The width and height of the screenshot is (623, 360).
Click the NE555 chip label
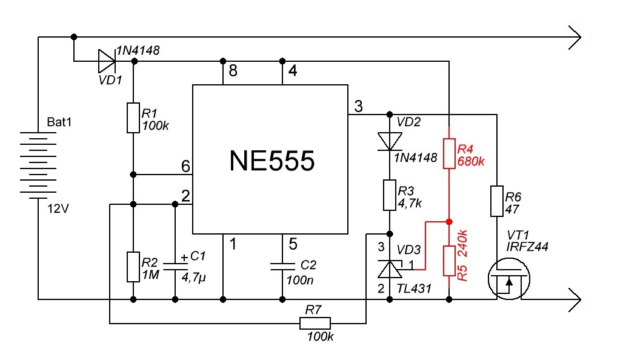tap(272, 161)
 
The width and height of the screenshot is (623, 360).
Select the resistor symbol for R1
tap(133, 118)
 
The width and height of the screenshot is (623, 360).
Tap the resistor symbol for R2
tap(133, 267)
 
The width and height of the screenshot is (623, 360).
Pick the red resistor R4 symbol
tap(449, 153)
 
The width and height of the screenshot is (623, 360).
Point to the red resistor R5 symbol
tap(449, 261)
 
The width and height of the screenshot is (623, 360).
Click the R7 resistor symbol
tap(315, 324)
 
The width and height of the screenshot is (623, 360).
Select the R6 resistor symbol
tap(497, 201)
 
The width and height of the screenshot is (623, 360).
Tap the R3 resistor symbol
tap(389, 195)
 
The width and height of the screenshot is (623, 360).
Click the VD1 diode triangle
tap(107, 61)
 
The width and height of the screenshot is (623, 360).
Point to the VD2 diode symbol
tap(389, 141)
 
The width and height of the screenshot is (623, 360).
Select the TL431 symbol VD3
tap(389, 269)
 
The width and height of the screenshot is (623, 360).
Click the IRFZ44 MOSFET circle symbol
tap(509, 279)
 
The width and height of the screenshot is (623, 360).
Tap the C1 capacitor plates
tap(175, 266)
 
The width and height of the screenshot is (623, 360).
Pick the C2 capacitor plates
tap(282, 266)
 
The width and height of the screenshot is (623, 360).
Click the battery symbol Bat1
tap(38, 165)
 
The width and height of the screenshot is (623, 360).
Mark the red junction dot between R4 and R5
tap(449, 222)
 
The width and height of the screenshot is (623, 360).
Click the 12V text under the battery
tap(58, 208)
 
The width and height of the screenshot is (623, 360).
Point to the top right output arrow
tap(575, 38)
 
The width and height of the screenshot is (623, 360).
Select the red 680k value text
tap(471, 161)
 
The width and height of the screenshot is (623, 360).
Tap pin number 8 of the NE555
tap(233, 71)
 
